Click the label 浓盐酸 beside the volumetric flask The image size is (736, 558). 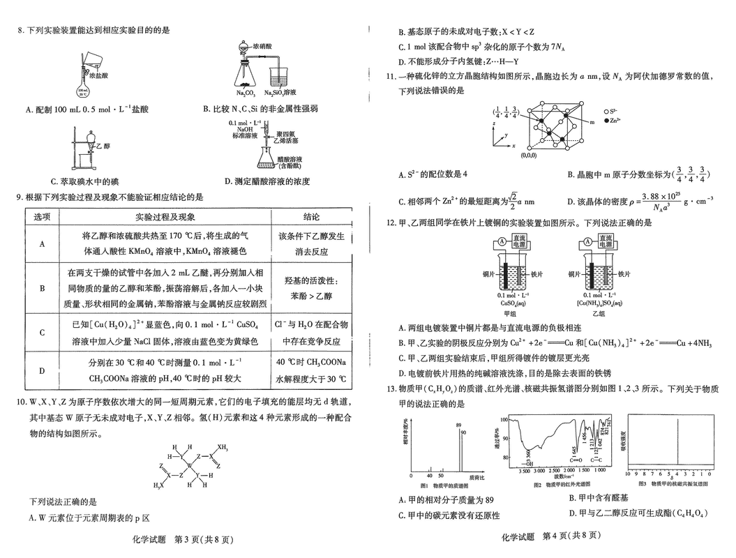(x=98, y=73)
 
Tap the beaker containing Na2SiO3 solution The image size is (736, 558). (x=283, y=75)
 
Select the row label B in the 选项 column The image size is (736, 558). (x=43, y=287)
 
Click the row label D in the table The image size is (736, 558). (x=43, y=370)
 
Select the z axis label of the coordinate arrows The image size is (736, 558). (x=494, y=122)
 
